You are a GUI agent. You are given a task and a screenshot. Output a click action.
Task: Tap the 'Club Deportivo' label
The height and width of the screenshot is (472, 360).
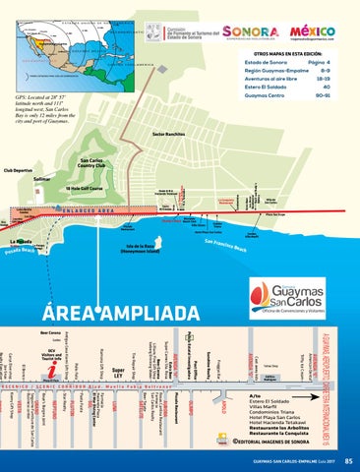tap(17, 169)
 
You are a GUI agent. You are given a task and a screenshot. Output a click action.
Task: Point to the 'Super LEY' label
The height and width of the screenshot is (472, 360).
tap(118, 374)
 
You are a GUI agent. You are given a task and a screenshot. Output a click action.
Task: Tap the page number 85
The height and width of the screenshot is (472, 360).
tap(348, 459)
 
